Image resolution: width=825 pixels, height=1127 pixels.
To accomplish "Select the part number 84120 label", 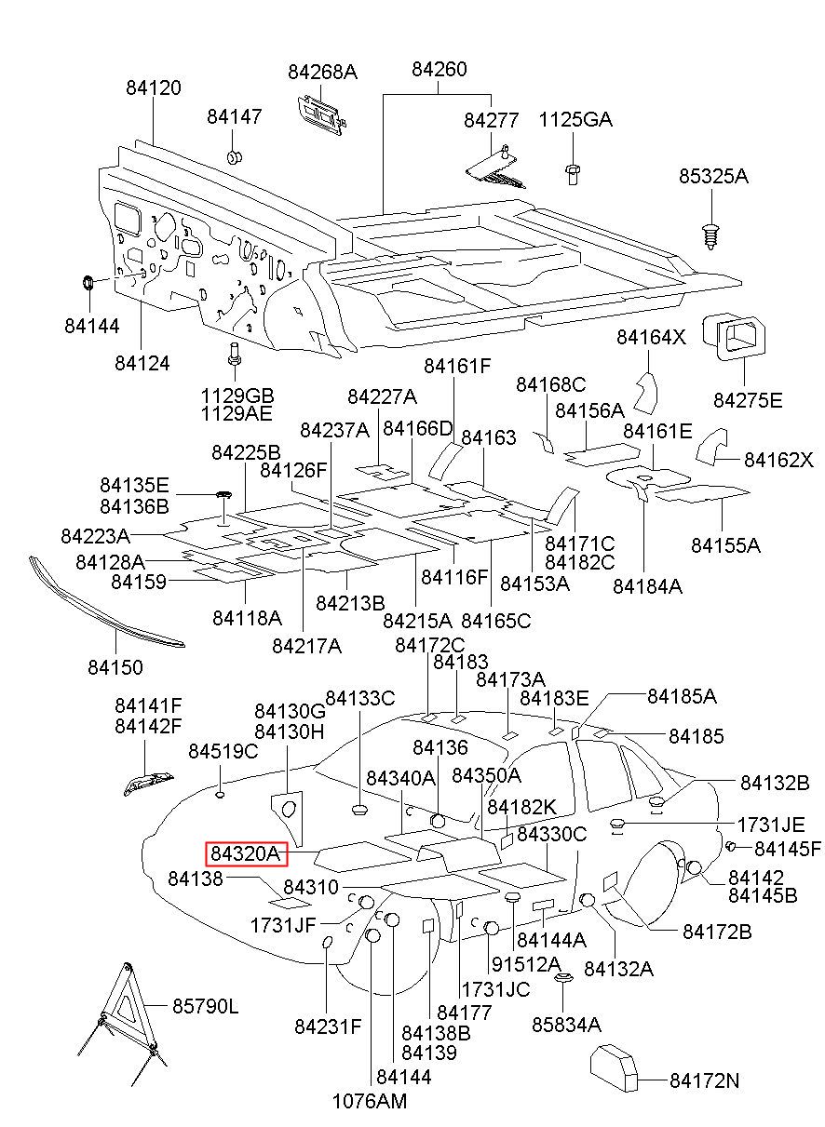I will point(154,87).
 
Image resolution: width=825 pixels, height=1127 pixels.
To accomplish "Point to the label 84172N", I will point(704,1080).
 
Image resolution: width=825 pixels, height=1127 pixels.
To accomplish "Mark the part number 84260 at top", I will point(440,70).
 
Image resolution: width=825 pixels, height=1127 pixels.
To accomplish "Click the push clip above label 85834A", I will point(562,980).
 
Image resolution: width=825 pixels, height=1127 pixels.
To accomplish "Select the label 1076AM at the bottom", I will point(370,1101).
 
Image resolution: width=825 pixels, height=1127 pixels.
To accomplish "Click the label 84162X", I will point(778,461).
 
